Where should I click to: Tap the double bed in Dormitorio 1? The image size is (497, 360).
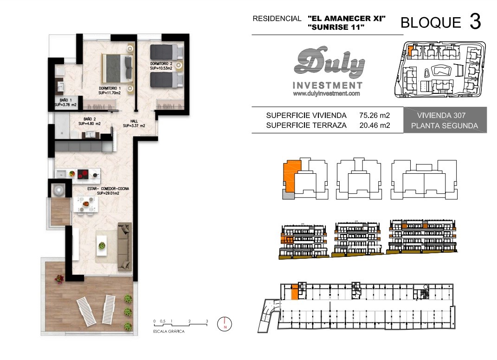pos(117,68)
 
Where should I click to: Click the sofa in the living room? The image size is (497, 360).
pos(124,247)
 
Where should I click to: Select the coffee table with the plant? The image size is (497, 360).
pos(102,245)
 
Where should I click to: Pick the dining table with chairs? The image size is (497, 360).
pos(85,204)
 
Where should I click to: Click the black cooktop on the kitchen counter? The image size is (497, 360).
pos(83,174)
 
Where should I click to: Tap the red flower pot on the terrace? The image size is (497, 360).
pos(59,279)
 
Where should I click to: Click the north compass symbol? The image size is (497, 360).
pos(225,324)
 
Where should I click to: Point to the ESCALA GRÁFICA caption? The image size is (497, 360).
pos(168,332)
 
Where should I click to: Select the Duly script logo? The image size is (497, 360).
pos(329,63)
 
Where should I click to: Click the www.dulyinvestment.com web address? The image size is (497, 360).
pos(326,93)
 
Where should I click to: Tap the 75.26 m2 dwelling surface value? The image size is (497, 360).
pos(374,116)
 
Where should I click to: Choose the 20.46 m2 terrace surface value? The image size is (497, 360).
pos(374,125)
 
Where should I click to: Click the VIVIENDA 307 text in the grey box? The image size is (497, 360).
pos(441,116)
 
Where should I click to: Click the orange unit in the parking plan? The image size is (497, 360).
pos(295,292)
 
